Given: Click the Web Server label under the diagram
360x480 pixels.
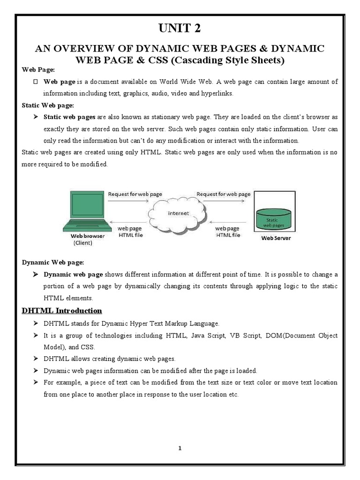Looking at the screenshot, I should pos(275,238).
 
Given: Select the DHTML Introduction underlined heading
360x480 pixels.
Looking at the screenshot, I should pos(62,310).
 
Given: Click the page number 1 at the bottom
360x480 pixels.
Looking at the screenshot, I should pos(180,448).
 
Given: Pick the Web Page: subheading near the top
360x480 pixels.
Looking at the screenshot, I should pos(39,70).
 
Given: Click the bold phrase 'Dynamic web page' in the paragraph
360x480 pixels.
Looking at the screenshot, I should pos(73,274).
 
